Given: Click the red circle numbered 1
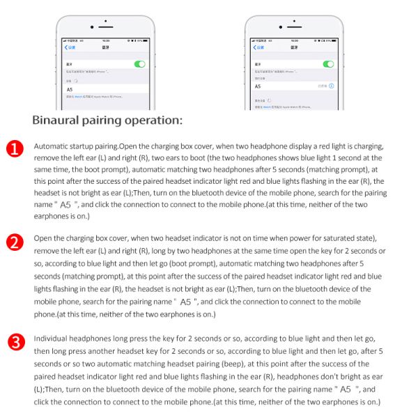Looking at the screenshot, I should tap(15, 149).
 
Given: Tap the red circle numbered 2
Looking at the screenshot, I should tap(15, 242).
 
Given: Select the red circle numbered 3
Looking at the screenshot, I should tap(15, 342).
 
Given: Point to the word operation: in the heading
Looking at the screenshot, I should tap(153, 120).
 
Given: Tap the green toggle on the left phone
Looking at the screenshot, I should tap(140, 63).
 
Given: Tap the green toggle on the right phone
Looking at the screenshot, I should tap(328, 63).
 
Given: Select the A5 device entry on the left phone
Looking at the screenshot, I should tap(70, 90).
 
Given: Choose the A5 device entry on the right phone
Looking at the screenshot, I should tap(257, 86).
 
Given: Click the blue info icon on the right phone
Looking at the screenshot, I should tap(331, 86).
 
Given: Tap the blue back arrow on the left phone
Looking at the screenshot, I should tap(66, 47).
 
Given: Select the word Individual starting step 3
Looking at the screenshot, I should tap(53, 339).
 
